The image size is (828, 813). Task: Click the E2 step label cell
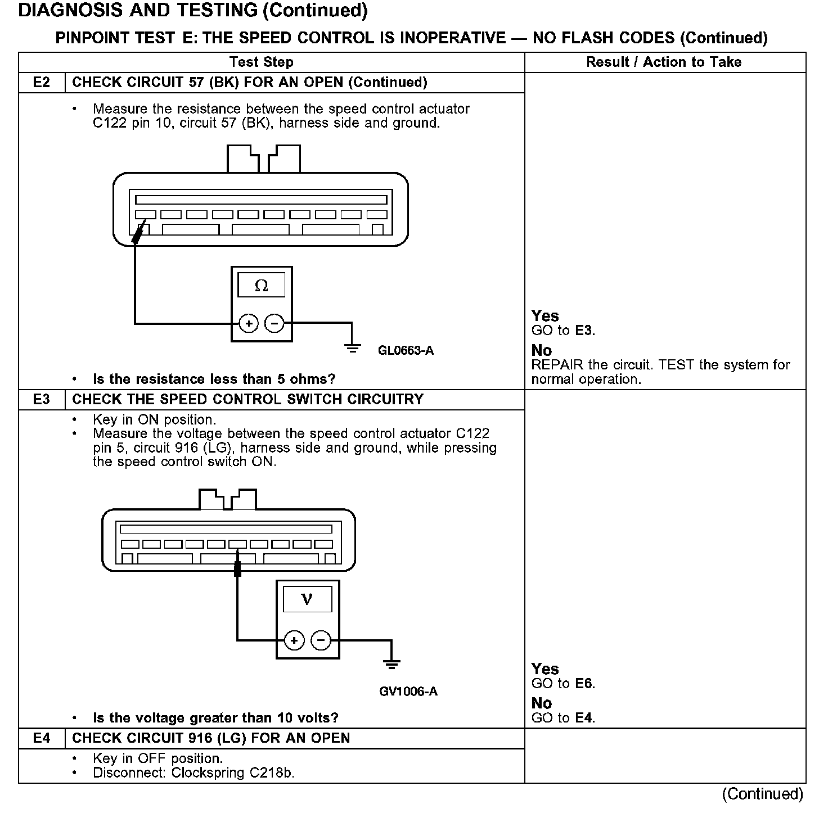(42, 83)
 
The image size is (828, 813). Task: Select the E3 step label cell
(42, 400)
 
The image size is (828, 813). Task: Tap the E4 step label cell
(42, 738)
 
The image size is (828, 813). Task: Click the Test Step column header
(261, 62)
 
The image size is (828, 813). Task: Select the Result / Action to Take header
(664, 62)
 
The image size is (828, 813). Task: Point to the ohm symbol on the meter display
(262, 286)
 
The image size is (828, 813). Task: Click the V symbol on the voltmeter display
(307, 599)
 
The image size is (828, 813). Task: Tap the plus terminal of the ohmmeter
(249, 324)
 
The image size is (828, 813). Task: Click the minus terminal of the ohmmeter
(274, 324)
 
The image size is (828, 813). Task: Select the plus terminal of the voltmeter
(294, 640)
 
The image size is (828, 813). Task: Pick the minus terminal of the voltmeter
(321, 640)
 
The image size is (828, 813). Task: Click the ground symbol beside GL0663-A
(353, 347)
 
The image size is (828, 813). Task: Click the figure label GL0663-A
(406, 351)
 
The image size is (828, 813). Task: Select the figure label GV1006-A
(408, 691)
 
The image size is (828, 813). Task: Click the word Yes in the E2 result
(545, 316)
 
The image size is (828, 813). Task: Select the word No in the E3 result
(542, 703)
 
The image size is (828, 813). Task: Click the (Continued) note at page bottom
(763, 794)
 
